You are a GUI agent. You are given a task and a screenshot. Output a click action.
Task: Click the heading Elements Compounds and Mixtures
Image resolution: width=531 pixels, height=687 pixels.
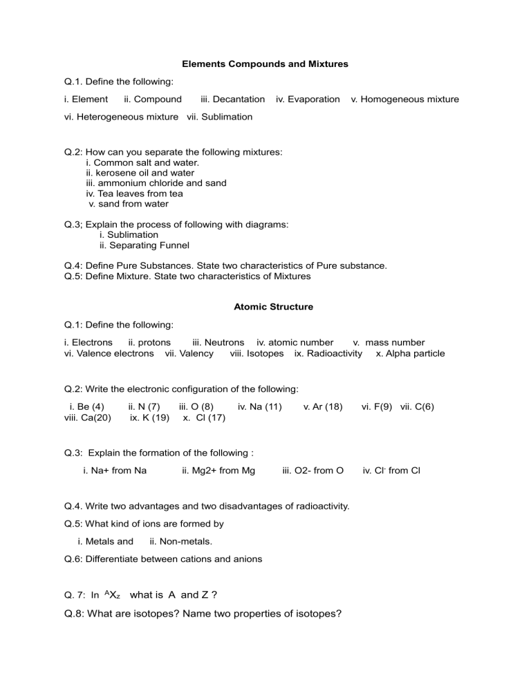click(265, 64)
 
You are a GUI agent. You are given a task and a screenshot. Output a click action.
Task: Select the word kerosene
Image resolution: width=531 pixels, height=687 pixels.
click(114, 173)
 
